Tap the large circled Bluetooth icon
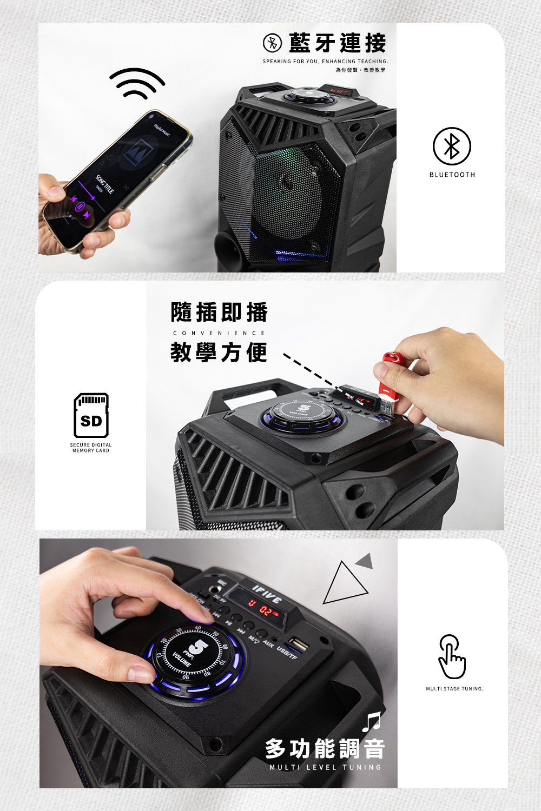(x=452, y=147)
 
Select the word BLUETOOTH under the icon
(x=452, y=175)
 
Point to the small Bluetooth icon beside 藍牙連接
(x=272, y=43)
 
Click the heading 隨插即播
(x=219, y=312)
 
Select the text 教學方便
(x=219, y=353)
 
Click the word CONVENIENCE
(x=219, y=333)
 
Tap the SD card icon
(x=91, y=415)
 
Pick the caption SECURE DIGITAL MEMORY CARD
(x=91, y=448)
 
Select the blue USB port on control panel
(x=297, y=644)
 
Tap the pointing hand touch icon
(x=452, y=656)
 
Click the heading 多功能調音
(x=325, y=749)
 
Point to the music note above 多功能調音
(x=371, y=721)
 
